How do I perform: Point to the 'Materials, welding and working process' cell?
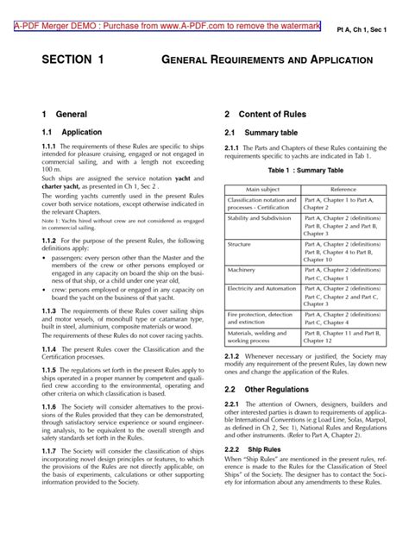260,341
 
